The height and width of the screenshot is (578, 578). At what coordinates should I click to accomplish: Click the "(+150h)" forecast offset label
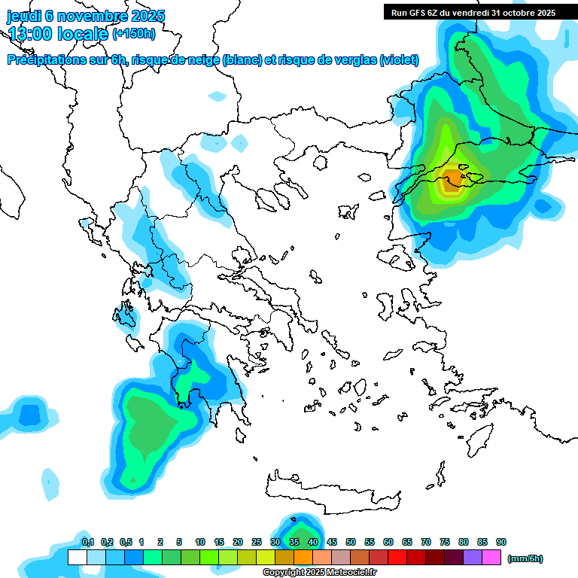134,34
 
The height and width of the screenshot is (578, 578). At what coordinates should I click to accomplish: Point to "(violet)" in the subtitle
399,60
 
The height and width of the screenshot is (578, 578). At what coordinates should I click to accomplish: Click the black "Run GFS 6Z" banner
473,12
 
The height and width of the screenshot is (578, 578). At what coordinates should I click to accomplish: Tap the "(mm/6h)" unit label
525,558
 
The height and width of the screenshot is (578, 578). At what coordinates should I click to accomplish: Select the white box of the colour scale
77,558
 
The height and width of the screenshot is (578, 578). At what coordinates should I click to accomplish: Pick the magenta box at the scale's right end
491,558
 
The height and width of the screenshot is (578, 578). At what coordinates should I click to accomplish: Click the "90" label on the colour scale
501,543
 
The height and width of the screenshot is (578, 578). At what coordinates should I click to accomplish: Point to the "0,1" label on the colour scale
88,543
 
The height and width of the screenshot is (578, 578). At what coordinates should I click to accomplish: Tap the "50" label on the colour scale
351,543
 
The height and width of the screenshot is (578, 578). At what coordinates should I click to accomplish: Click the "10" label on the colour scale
200,543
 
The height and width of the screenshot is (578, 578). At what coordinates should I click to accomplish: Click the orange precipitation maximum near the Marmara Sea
452,179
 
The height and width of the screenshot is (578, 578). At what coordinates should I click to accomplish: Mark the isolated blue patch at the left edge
30,414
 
